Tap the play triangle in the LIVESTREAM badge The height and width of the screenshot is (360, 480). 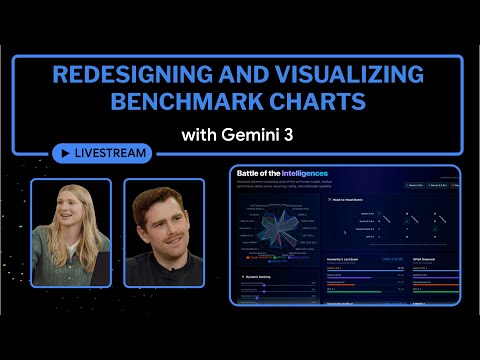(x=66, y=153)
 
